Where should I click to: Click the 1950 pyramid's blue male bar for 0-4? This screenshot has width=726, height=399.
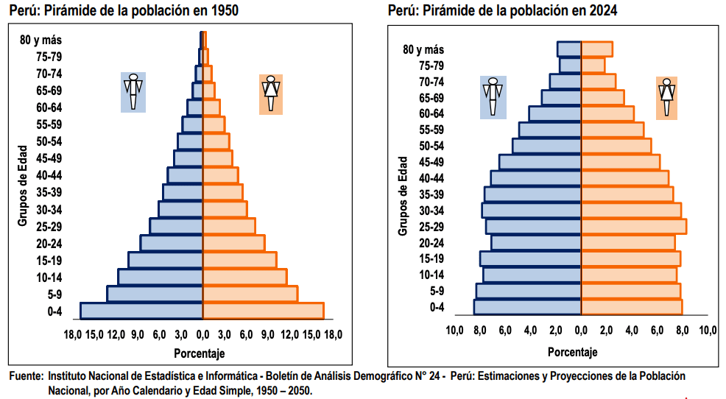[x=141, y=311]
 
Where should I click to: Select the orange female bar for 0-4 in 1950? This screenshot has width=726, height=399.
[x=263, y=311]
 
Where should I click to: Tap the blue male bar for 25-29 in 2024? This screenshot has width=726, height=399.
[x=533, y=226]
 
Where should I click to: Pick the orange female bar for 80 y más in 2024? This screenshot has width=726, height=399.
[x=596, y=49]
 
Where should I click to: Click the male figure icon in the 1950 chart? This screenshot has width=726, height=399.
[x=133, y=92]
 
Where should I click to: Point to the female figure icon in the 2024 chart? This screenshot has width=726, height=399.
[x=666, y=97]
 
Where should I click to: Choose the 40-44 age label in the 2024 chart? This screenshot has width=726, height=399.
[x=431, y=178]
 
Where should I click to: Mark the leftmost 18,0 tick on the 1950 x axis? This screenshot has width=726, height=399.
[x=71, y=335]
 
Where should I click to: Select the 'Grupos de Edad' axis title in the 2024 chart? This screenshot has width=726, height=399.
[x=403, y=196]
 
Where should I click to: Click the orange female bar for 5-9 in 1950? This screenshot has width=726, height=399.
[x=250, y=294]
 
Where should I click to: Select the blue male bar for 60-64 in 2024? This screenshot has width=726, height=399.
[x=554, y=113]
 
